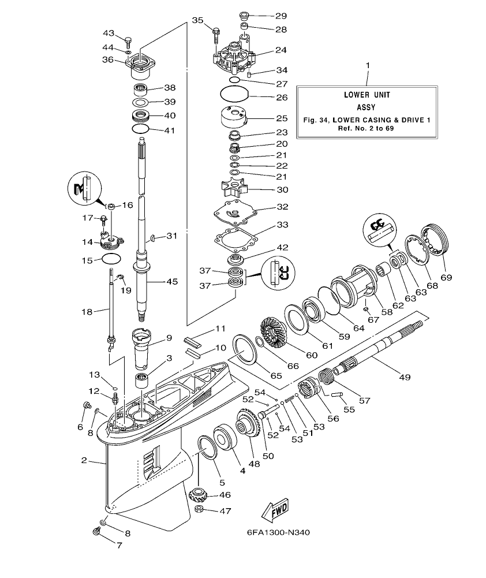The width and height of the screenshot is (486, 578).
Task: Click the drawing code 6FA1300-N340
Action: [274, 532]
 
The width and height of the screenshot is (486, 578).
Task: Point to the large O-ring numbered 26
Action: [235, 94]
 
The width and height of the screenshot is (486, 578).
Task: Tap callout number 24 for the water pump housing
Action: [281, 50]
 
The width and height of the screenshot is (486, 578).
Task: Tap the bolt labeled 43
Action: [129, 41]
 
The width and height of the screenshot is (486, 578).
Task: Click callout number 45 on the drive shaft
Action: [172, 282]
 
